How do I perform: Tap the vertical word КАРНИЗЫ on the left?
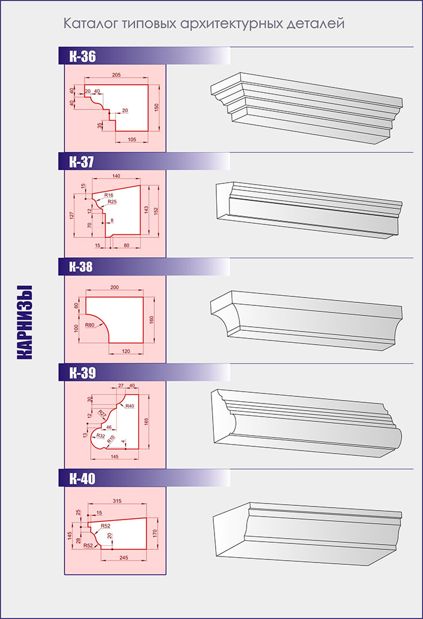[24, 322]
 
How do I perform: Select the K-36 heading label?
[82, 56]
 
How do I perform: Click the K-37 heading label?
[82, 161]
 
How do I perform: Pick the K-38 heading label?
[80, 267]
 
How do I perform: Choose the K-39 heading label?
[82, 373]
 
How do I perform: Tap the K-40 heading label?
[82, 479]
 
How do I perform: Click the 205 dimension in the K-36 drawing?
[116, 74]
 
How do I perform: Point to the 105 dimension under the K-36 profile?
[132, 139]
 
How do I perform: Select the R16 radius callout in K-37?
[108, 195]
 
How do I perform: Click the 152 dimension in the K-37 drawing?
[156, 212]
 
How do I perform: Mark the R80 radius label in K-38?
[89, 326]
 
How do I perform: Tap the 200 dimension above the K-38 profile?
[114, 287]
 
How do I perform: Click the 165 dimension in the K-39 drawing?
[147, 421]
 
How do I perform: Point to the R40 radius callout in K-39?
[130, 406]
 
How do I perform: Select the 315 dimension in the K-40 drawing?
[117, 501]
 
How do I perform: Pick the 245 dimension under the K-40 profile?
[123, 558]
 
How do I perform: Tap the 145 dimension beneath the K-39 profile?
[114, 457]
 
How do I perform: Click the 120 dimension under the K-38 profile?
[126, 351]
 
